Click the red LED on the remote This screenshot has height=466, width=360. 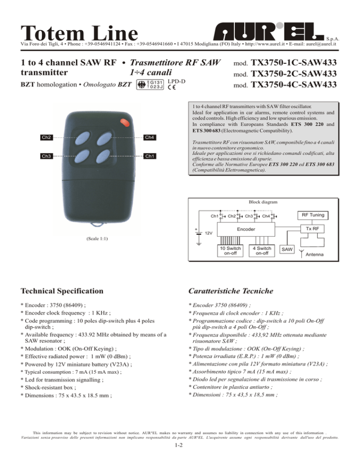coord(125,122)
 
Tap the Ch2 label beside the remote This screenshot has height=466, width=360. coord(46,137)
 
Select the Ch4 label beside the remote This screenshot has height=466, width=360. coord(150,137)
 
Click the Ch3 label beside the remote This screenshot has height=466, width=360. coord(46,156)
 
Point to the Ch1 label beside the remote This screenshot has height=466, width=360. coord(150,156)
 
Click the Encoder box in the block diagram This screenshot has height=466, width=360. coord(246,229)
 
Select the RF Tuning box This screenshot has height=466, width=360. coord(313,215)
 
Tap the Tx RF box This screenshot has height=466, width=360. coord(312,228)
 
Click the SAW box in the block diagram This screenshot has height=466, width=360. coord(287,249)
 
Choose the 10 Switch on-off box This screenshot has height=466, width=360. coord(230,250)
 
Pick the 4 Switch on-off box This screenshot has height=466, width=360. coord(262,250)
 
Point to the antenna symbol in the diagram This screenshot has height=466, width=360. coord(301,254)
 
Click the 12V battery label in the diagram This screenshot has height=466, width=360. coord(209,233)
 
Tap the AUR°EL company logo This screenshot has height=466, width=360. coord(269,31)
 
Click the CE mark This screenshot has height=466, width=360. coord(172,87)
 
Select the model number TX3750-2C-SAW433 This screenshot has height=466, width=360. coord(294,74)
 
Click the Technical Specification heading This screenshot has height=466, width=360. coord(62,291)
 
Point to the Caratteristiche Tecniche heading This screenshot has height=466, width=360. coord(231,291)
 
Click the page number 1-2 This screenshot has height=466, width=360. coord(179,445)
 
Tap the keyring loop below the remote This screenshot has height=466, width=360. coord(98,225)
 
